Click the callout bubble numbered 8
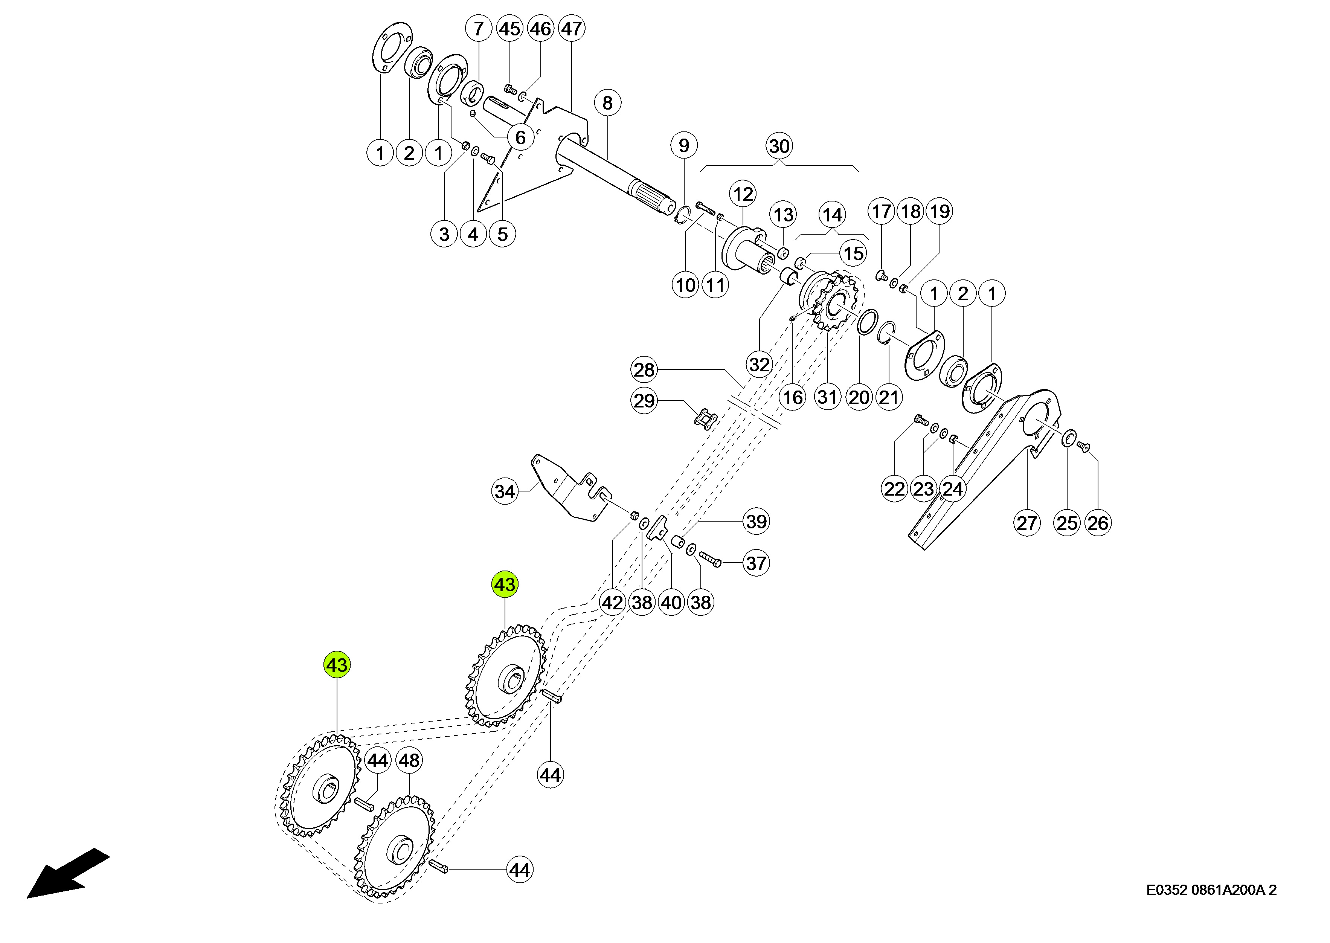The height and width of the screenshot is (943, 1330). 607,103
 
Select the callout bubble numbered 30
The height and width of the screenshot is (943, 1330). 779,146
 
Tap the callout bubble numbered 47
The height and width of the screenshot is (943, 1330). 571,29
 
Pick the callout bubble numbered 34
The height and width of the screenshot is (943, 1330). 505,491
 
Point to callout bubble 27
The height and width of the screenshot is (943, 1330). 1026,523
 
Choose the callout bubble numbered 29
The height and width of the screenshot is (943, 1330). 644,401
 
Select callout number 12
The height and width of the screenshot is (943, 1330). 743,194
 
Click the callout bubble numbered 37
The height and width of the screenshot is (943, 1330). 756,563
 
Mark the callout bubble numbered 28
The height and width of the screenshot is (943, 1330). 644,369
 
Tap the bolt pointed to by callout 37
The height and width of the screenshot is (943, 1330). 709,559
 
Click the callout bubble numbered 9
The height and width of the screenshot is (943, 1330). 684,145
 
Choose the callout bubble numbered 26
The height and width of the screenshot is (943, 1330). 1098,523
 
